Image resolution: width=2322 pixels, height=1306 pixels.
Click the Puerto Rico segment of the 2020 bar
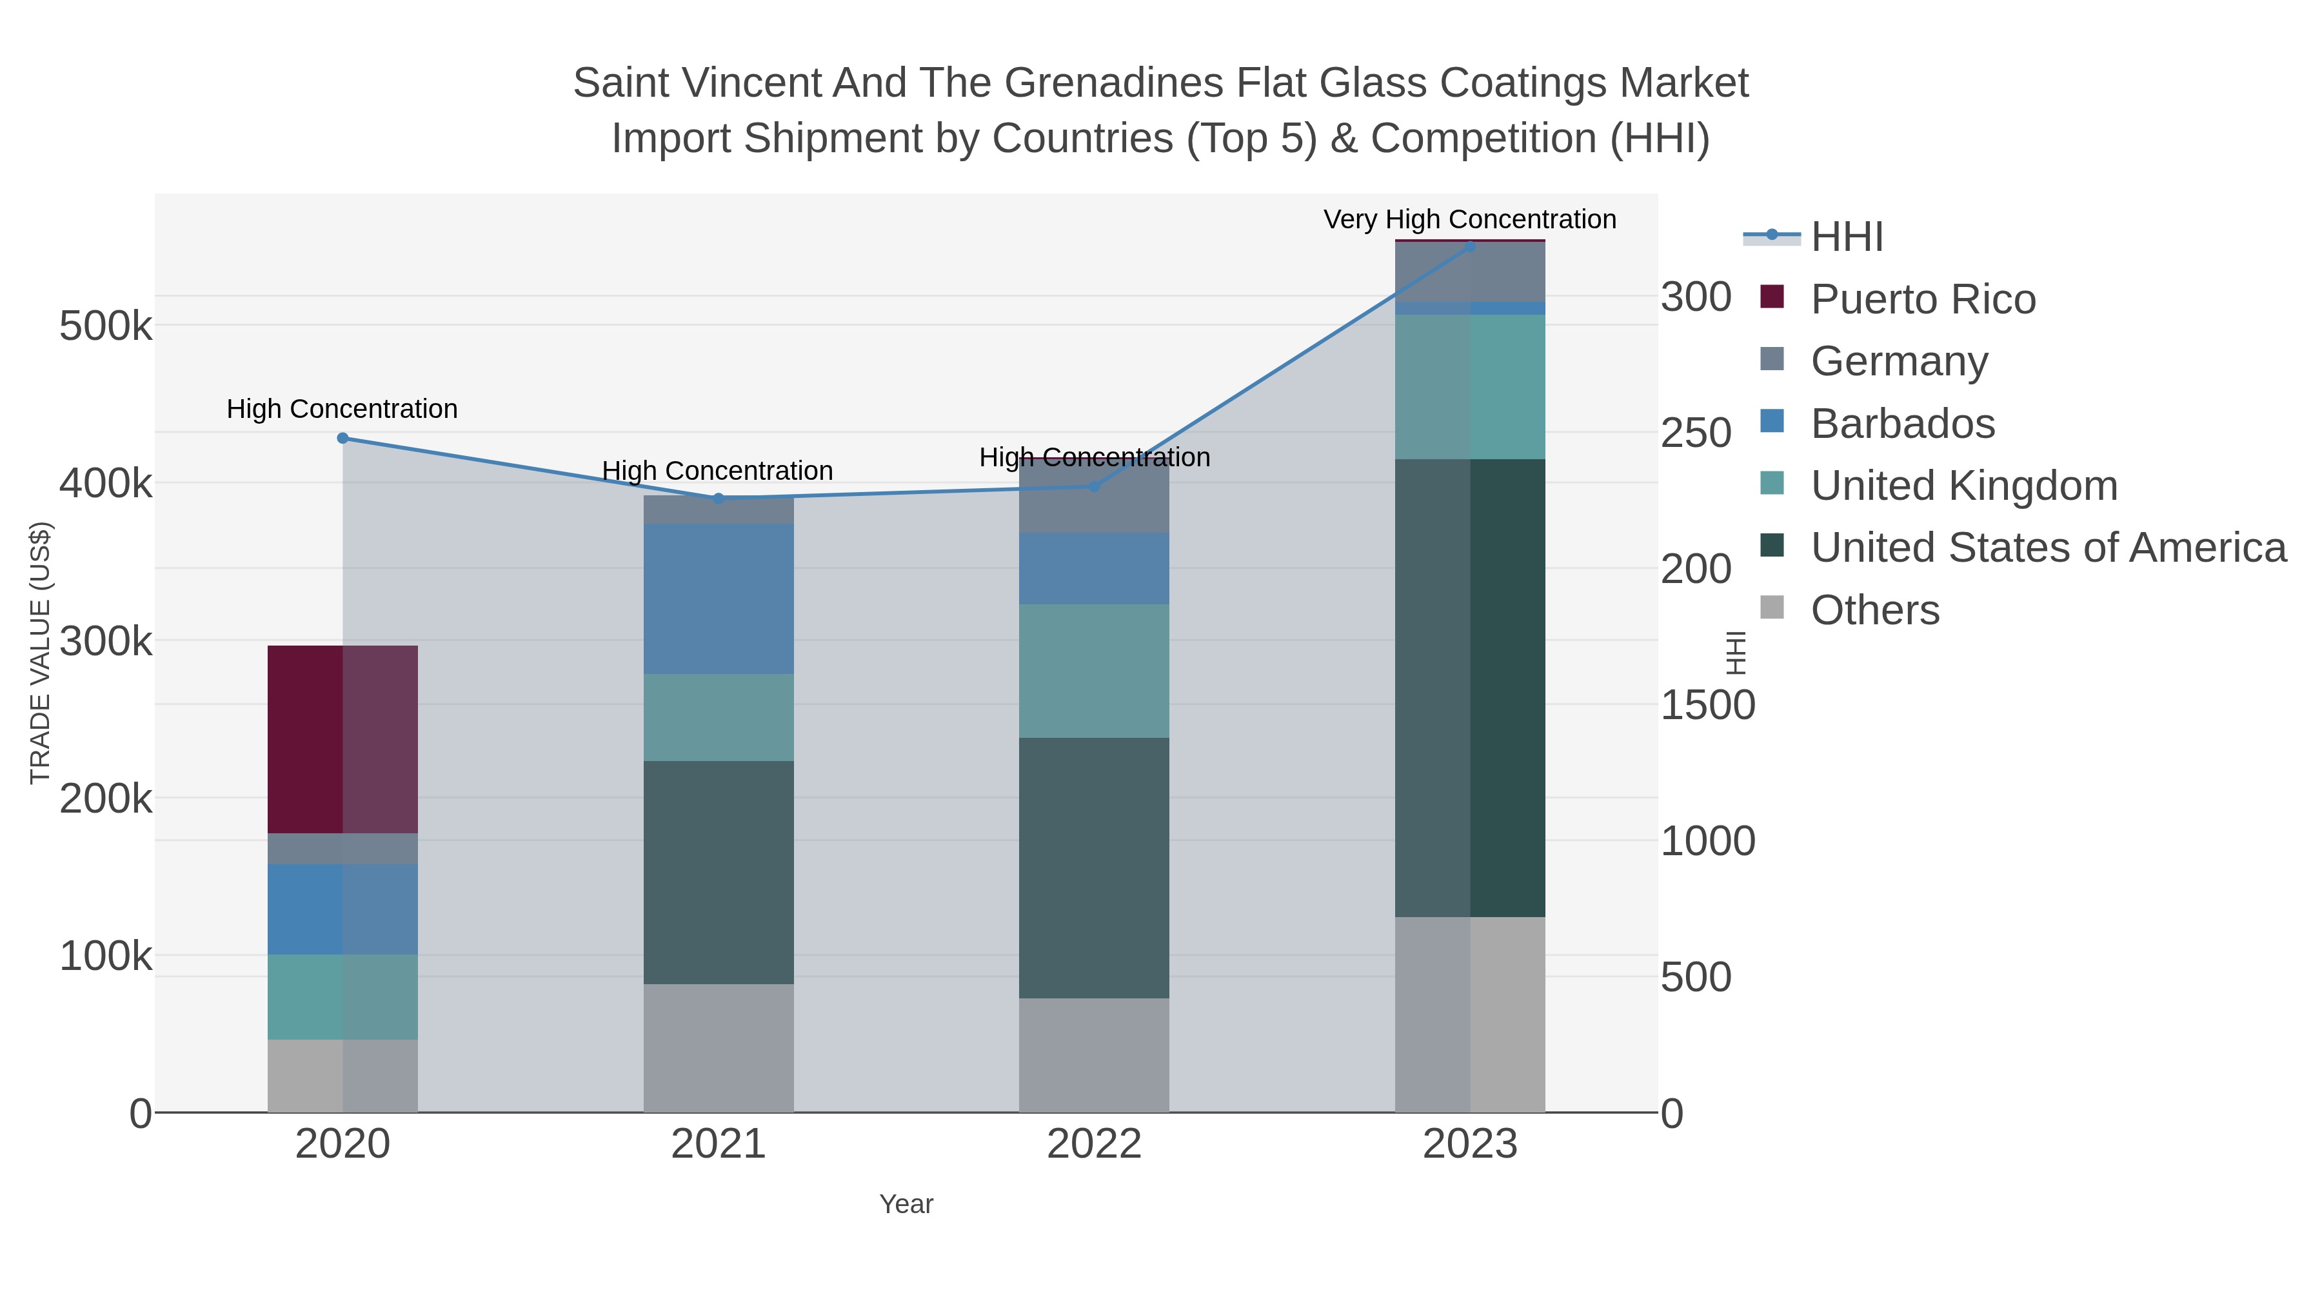[x=342, y=739]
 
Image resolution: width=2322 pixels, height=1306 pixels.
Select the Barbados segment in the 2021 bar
[x=719, y=599]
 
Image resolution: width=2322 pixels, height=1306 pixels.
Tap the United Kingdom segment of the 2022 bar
[x=1093, y=671]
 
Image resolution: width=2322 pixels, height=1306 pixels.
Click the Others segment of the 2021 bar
[x=719, y=1047]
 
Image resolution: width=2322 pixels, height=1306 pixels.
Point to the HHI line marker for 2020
[x=342, y=438]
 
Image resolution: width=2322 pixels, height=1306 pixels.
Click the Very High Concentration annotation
[x=1469, y=219]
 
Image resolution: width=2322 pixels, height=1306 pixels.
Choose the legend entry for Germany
[x=1898, y=361]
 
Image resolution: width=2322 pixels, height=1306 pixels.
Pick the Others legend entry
[x=1874, y=609]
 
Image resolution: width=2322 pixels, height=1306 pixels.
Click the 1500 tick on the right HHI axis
[x=1707, y=705]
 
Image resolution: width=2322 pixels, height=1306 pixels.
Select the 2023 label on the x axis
[x=1470, y=1143]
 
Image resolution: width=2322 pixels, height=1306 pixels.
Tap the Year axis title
[x=906, y=1203]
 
